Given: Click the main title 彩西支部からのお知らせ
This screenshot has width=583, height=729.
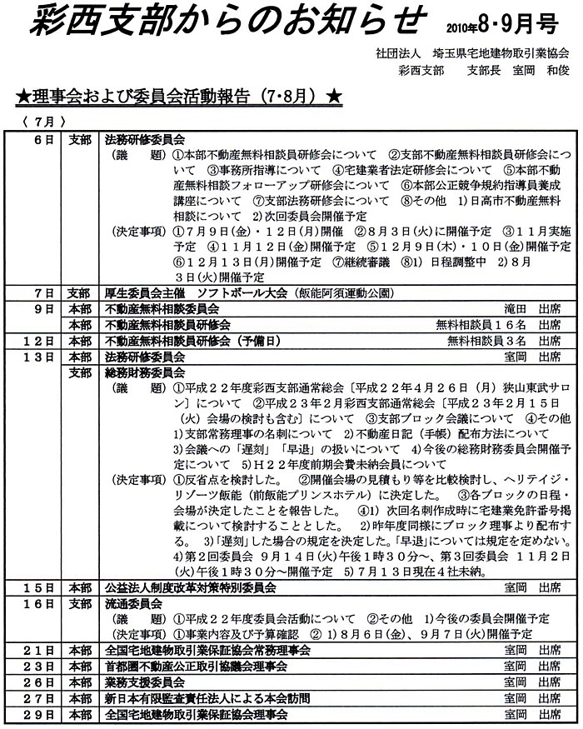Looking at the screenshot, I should pos(226,22).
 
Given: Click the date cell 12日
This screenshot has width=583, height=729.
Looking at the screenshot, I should pos(42,341).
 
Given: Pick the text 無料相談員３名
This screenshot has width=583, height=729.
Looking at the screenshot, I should pos(481,341).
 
